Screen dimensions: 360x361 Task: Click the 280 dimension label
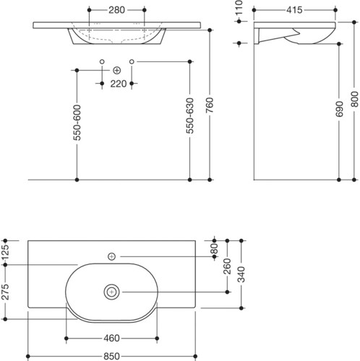(116, 10)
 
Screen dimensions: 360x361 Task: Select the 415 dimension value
(294, 10)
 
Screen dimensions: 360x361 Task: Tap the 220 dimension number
(119, 84)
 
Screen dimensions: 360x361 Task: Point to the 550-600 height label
(77, 123)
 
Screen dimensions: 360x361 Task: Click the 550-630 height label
(190, 116)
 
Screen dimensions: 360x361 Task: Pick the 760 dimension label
(210, 105)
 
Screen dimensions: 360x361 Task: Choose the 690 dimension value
(339, 109)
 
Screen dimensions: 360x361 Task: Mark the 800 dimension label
(354, 99)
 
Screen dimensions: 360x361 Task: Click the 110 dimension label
(239, 8)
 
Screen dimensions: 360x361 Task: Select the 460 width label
(111, 339)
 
